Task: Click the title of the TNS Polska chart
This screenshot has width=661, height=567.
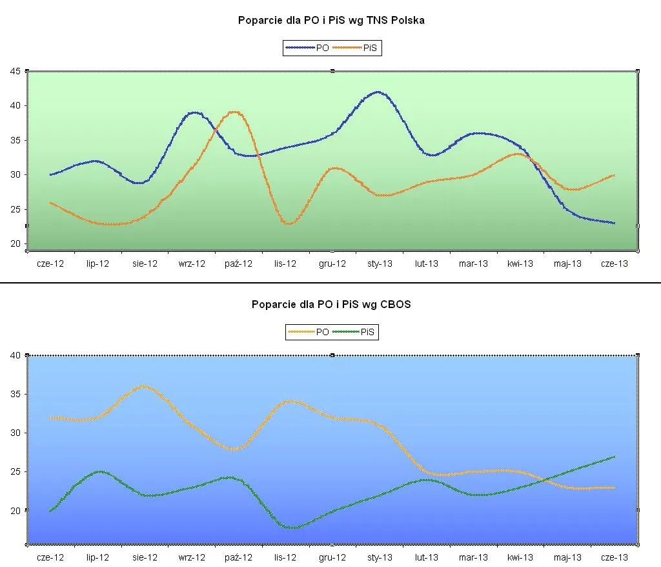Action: pos(331,21)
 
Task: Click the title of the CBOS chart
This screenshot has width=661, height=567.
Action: pos(331,305)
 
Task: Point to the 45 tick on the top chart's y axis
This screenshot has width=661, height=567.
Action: pos(14,71)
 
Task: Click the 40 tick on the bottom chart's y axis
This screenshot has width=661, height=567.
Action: pos(14,355)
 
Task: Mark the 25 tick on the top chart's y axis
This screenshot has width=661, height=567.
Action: pos(14,209)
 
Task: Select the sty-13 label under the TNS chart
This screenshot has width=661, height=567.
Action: pos(380,263)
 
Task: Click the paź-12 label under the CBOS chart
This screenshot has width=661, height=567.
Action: pos(238,557)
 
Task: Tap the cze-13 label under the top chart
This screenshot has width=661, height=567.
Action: pos(614,263)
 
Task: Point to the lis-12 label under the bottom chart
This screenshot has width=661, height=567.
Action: pos(285,557)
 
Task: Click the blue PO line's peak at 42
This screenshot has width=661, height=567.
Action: pos(378,92)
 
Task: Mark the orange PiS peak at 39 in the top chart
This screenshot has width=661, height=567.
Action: pos(234,112)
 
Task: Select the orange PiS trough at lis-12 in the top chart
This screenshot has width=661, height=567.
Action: pos(288,223)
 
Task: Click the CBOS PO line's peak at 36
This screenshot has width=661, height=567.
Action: pos(143,386)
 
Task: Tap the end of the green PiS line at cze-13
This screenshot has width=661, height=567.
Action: pos(614,457)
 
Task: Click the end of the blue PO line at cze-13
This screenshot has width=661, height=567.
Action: pos(614,223)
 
